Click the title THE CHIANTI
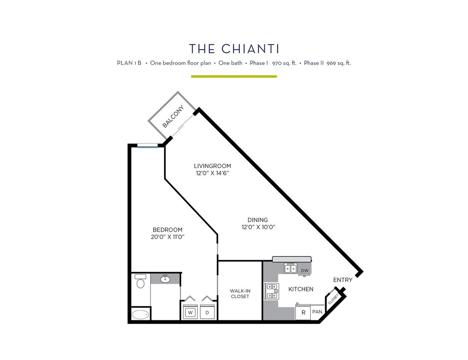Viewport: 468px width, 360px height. click(234, 49)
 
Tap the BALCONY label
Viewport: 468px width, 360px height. click(173, 116)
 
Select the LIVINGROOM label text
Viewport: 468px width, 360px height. click(212, 166)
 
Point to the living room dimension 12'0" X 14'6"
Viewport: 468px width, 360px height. click(212, 173)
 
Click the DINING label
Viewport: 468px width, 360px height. click(257, 220)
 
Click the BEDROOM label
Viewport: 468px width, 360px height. click(168, 229)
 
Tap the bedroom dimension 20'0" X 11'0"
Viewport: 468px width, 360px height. click(168, 237)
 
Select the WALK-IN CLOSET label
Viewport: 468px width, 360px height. click(240, 293)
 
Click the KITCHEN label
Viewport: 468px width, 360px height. click(301, 289)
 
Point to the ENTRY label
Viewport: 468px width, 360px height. click(343, 280)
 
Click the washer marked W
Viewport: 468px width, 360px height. click(190, 312)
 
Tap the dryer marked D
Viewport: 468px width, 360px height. click(207, 312)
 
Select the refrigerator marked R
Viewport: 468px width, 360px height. click(303, 312)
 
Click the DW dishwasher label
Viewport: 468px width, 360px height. click(304, 270)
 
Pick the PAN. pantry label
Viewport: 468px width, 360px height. click(317, 312)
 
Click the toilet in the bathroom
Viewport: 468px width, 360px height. click(140, 282)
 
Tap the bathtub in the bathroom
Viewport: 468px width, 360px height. click(140, 315)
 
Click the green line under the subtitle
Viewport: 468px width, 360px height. click(234, 76)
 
